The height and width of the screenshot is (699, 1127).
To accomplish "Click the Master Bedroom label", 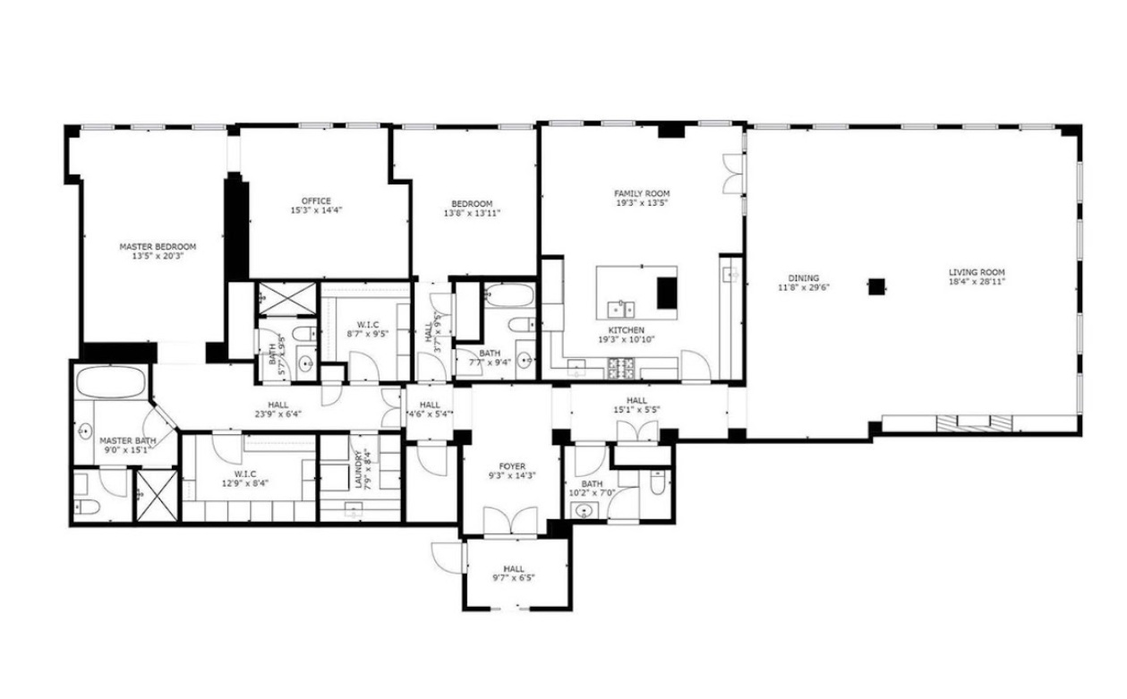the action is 158,247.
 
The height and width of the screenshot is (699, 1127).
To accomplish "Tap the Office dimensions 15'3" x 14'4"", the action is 317,210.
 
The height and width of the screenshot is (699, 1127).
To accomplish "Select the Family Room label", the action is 642,193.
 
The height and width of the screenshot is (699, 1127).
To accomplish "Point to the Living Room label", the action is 977,272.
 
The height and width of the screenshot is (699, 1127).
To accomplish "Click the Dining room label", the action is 804,277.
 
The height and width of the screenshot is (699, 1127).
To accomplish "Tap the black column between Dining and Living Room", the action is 876,286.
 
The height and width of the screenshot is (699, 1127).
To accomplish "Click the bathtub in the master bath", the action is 111,382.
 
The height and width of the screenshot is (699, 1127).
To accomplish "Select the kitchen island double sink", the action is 621,309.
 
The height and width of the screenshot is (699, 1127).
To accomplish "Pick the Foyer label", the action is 512,466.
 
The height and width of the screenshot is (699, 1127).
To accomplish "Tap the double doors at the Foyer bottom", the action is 510,521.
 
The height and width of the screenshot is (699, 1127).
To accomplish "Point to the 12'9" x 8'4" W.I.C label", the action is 245,478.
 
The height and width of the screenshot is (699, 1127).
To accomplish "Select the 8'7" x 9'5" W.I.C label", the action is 368,328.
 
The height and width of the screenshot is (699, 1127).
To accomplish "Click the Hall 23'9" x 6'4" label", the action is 278,409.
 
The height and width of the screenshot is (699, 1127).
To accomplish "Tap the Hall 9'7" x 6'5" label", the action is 514,574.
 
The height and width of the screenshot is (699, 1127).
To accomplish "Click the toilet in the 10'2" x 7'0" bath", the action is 657,482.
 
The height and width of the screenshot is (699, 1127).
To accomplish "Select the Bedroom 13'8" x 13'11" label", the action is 472,209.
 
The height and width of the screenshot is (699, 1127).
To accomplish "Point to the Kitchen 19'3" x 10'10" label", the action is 627,335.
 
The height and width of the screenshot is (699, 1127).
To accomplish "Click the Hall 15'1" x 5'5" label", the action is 636,405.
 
